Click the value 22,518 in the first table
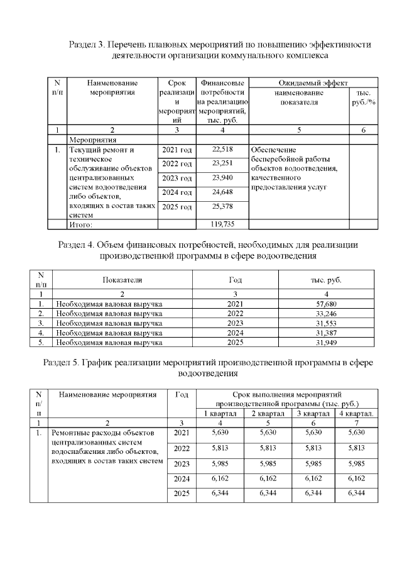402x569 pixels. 223,150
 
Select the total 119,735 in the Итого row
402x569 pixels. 223,224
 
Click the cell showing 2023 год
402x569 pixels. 177,179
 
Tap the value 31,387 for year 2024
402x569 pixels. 322,333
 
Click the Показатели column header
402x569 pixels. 122,280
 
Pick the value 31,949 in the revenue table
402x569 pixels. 322,343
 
